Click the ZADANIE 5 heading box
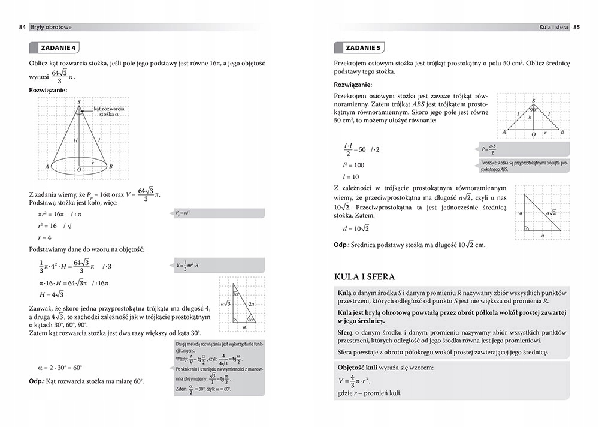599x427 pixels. point(359,48)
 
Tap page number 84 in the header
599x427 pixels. point(22,27)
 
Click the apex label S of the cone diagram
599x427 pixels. point(79,103)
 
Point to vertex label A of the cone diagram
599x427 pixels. point(47,166)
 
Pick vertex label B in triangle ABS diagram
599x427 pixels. point(562,131)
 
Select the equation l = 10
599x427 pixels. point(351,177)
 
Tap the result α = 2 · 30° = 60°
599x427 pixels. point(60,368)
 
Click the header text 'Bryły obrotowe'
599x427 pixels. point(50,27)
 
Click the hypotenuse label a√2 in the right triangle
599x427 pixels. point(550,212)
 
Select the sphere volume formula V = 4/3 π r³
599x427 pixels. point(355,380)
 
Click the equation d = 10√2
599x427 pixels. point(356,228)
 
